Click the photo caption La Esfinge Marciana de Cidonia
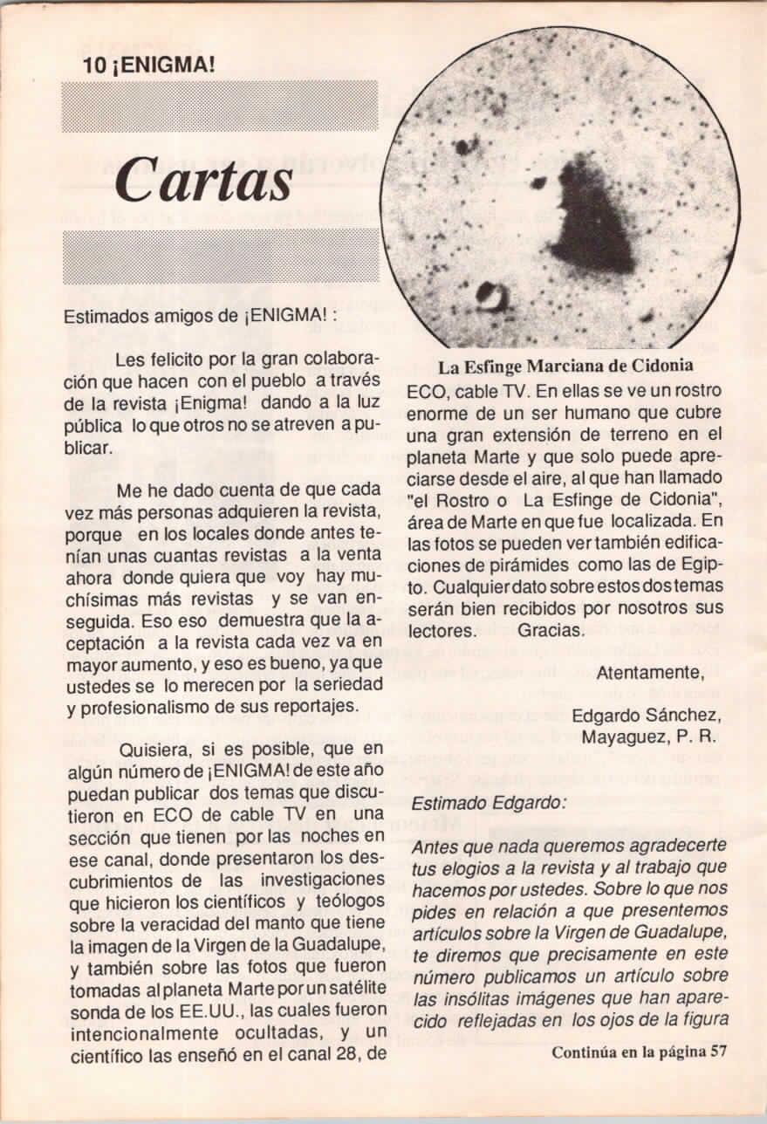click(x=565, y=366)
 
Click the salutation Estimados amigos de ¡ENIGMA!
click(x=200, y=317)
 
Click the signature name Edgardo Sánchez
click(x=647, y=716)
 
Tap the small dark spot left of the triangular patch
click(x=538, y=182)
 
